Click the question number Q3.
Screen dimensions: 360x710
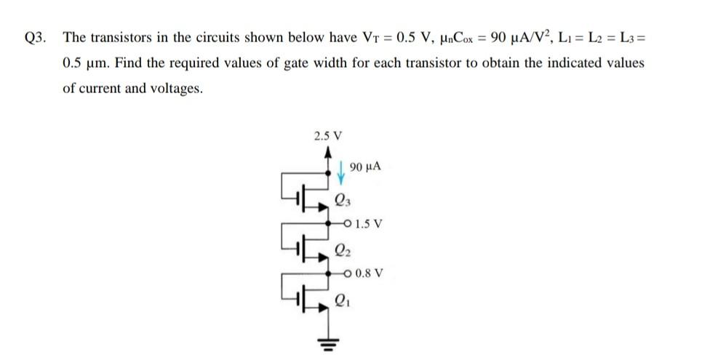coord(35,38)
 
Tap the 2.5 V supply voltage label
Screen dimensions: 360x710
coord(328,136)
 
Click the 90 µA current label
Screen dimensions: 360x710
coord(366,168)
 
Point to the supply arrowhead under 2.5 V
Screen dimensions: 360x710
coord(329,151)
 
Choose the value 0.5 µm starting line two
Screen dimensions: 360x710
coord(81,63)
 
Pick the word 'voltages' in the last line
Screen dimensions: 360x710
coord(177,89)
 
